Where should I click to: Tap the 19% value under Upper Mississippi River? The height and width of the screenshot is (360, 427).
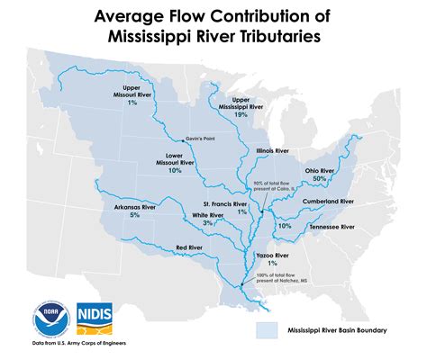pos(241,115)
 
